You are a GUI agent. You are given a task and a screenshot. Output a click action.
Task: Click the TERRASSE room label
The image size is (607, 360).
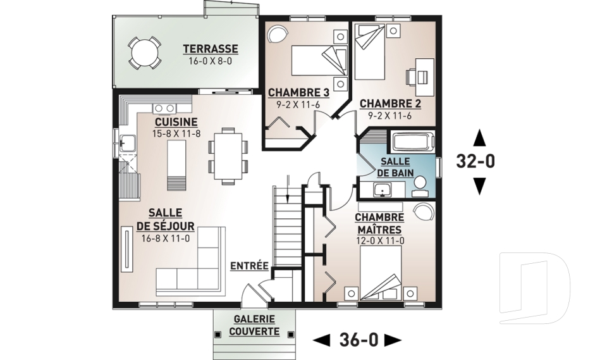(x=211, y=49)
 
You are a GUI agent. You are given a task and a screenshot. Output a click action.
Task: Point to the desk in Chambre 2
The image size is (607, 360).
(x=423, y=71)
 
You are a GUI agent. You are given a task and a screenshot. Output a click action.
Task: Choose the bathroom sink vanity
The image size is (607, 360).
(x=384, y=189)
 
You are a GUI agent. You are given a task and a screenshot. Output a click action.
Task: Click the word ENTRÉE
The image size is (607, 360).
(x=249, y=266)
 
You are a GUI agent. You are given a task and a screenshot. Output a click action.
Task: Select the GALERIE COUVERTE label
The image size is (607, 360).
(x=256, y=325)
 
